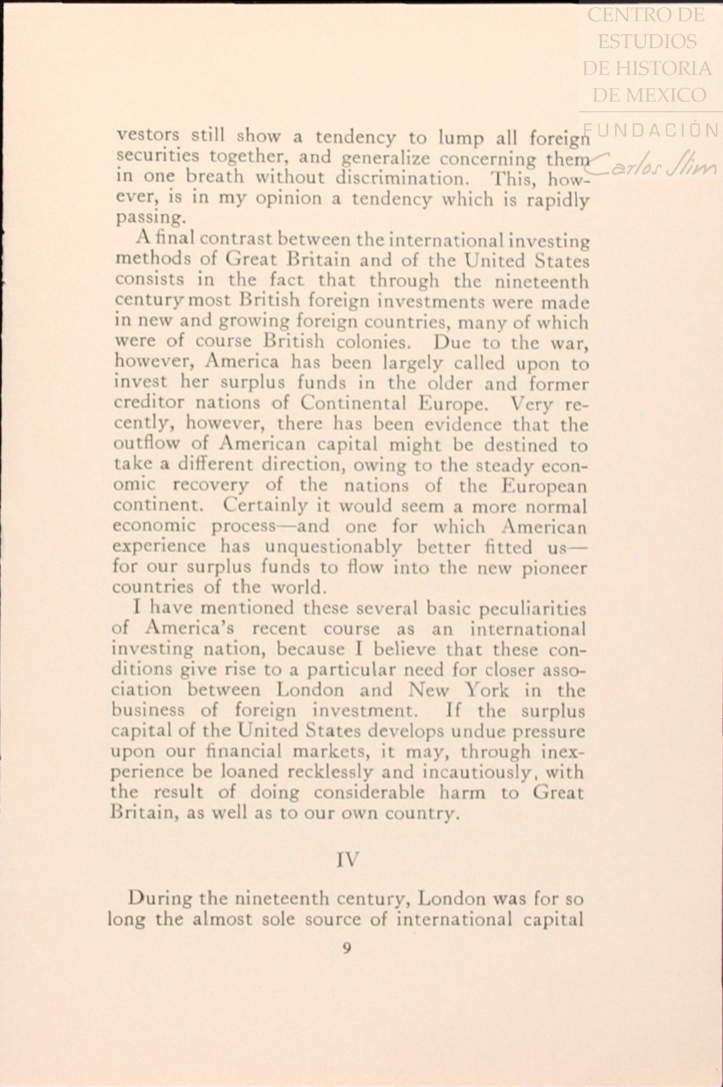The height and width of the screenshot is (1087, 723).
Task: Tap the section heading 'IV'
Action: pyautogui.click(x=346, y=858)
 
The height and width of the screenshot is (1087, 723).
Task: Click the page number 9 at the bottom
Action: pyautogui.click(x=346, y=948)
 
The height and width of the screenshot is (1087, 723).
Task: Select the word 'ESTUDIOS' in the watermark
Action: pyautogui.click(x=647, y=42)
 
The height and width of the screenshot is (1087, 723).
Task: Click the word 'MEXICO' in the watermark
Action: pyautogui.click(x=670, y=95)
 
